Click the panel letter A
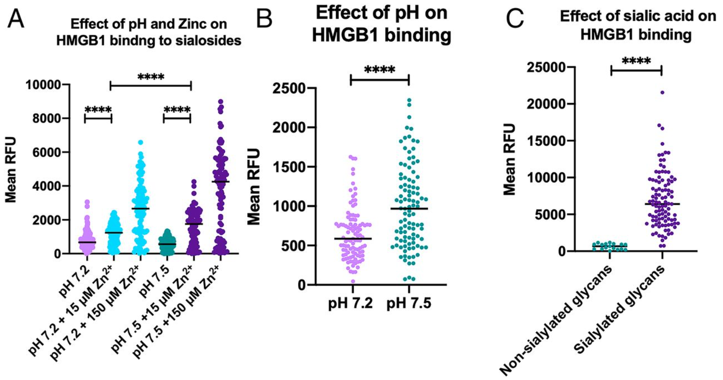[16, 19]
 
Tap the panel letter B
[265, 19]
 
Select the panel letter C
[515, 19]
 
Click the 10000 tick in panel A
[44, 85]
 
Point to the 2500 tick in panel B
[289, 88]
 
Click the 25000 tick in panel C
[545, 67]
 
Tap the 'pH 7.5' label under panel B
[409, 304]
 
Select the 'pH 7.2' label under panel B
[350, 304]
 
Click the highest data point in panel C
[662, 92]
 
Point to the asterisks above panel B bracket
[380, 70]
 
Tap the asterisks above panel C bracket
[636, 61]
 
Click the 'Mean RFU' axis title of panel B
[253, 186]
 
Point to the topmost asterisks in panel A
[151, 77]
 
